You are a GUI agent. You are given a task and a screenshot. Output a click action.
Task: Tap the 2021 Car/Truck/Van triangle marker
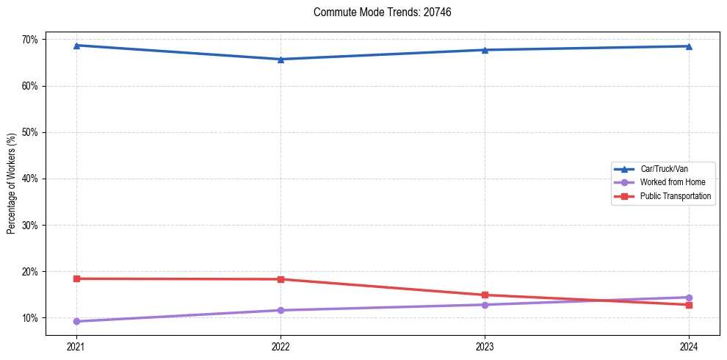pos(76,46)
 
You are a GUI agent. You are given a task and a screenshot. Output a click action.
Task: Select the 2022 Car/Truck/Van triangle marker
pos(281,60)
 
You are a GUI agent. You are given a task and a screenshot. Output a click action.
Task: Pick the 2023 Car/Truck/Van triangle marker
pos(485,50)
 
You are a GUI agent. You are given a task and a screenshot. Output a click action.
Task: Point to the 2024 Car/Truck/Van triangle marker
pos(689,46)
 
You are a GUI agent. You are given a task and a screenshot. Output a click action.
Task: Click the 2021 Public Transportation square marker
pos(76,278)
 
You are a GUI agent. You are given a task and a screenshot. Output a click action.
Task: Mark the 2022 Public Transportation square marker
pos(281,279)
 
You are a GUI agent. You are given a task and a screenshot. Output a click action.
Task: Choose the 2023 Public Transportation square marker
pos(485,295)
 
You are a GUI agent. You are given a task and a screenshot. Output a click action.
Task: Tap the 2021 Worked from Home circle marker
pos(76,321)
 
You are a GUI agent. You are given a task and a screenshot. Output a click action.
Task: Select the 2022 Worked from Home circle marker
pos(281,310)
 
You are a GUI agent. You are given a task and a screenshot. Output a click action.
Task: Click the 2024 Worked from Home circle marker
pos(689,298)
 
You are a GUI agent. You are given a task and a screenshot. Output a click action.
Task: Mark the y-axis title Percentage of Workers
pos(12,183)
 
